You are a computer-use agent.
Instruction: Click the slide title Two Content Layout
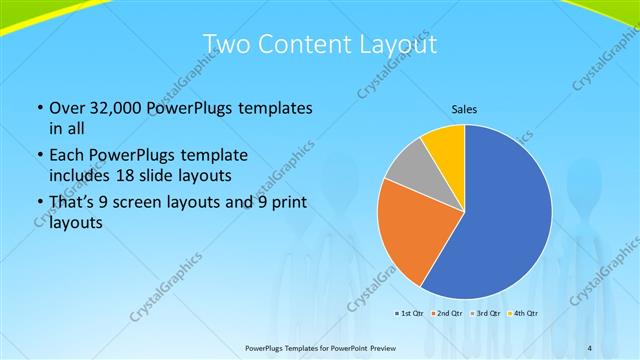(x=320, y=44)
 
